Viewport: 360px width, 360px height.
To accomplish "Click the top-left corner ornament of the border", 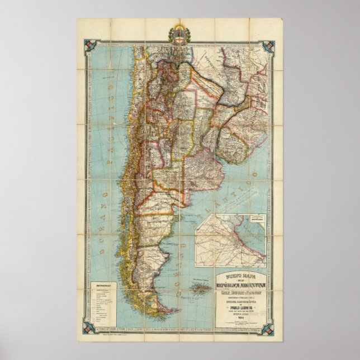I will click(89, 45).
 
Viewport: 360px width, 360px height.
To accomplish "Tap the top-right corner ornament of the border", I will click(271, 45).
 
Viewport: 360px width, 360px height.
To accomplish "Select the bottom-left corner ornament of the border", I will click(89, 330).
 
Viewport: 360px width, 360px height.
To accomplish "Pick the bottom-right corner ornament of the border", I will click(271, 330).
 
